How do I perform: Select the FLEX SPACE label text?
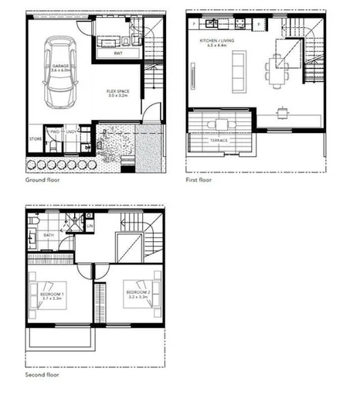[119, 94]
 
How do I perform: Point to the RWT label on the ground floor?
[117, 53]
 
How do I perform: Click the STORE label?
[35, 138]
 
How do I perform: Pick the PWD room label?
[55, 132]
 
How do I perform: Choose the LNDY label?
[71, 132]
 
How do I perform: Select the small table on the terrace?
[222, 124]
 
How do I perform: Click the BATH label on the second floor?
[48, 235]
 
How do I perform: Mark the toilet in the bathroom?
[32, 224]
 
